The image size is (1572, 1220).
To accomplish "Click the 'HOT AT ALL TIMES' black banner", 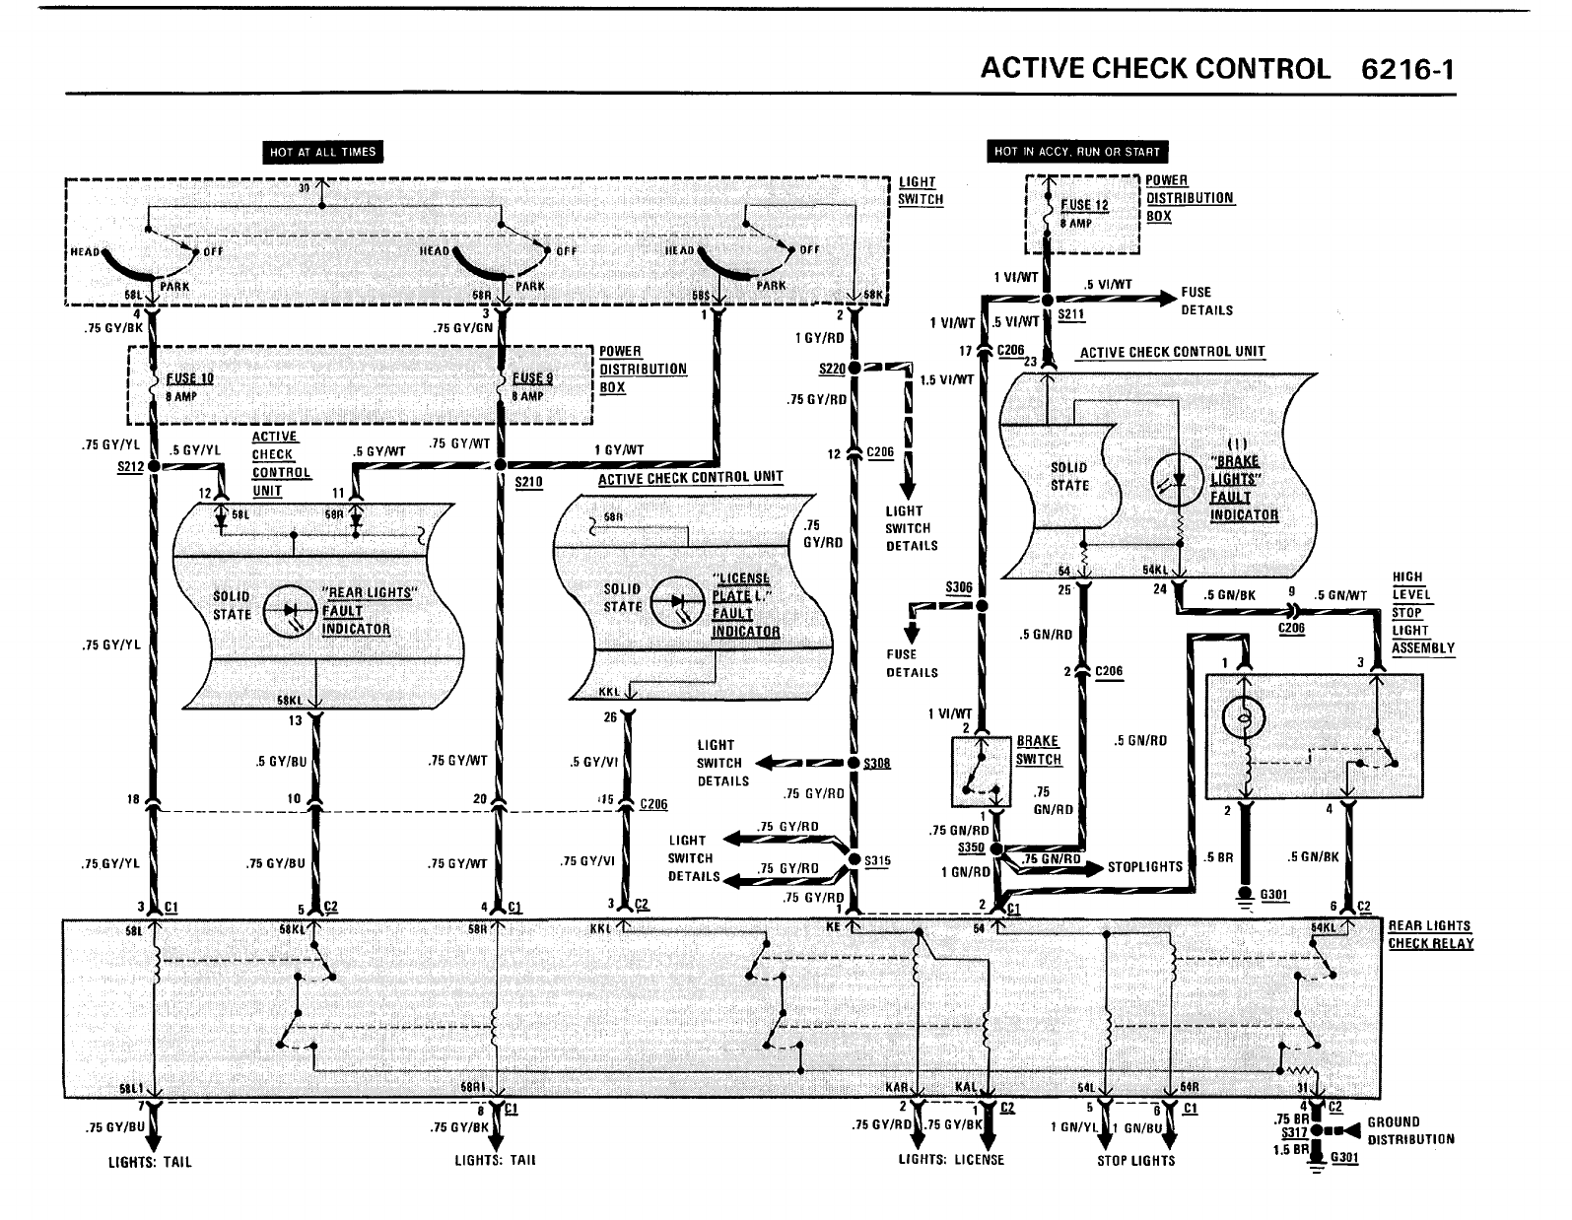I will tap(322, 152).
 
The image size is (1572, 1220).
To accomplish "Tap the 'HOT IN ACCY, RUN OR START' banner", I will tap(1077, 152).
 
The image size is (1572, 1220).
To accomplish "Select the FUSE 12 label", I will tap(1084, 205).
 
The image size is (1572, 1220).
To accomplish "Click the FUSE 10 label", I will tap(189, 378).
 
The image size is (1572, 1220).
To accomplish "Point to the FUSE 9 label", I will tap(532, 378).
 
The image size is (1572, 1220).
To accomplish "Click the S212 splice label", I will tap(130, 467).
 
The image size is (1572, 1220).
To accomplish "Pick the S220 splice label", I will tap(832, 369).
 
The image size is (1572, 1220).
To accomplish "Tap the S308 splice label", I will tap(876, 763).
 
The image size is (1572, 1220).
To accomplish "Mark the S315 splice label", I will tap(876, 860).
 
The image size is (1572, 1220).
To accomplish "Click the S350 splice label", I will tap(971, 847).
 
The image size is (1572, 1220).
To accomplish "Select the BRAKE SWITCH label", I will tap(1039, 750).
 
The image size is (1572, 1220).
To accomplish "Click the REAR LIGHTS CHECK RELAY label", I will tap(1430, 934).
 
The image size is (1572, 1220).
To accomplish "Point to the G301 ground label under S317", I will tap(1344, 1158).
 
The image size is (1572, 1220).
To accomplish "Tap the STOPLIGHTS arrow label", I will tap(1144, 867).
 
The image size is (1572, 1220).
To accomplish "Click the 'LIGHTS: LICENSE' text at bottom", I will tap(951, 1160).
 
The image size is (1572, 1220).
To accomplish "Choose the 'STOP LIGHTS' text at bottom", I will tap(1135, 1161).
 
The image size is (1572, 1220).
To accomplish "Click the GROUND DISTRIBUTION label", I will tap(1410, 1130).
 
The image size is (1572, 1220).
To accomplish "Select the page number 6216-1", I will tap(1406, 69).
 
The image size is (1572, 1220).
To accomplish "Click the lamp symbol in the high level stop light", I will tap(1244, 721).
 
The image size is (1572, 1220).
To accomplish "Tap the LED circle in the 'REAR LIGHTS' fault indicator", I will tap(293, 610).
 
